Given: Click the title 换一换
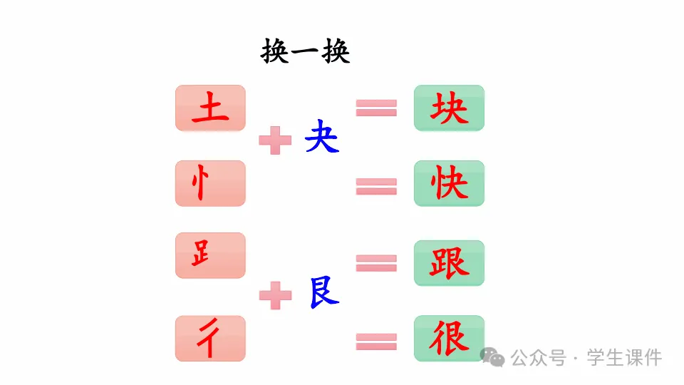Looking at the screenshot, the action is point(306,52).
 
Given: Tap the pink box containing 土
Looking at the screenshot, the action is point(210,108).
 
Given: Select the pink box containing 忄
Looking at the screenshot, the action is point(210,184).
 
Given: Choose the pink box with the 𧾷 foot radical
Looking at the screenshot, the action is point(210,255).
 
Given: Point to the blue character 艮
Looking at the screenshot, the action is point(324,292).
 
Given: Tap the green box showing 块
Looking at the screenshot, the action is point(449,108).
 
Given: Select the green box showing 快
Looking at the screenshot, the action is point(449,184).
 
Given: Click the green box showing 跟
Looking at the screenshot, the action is point(449,263).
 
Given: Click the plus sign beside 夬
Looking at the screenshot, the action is point(275,140).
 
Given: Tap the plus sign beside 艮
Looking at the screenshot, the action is point(275,295).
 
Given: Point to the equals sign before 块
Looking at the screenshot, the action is point(376,108).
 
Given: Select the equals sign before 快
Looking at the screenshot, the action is point(376,186).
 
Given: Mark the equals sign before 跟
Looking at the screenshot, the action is point(376,263).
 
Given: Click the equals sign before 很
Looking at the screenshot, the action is point(376,342).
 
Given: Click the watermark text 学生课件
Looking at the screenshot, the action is point(624,357).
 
